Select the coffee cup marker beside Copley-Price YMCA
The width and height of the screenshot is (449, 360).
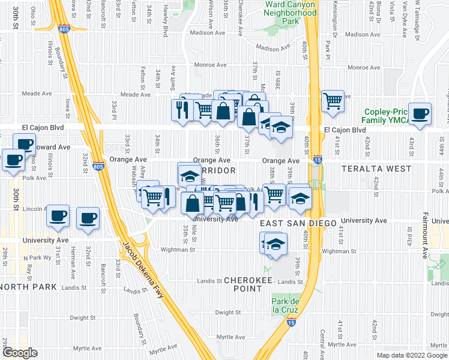[x=421, y=113]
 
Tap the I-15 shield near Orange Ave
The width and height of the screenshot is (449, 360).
[x=318, y=160]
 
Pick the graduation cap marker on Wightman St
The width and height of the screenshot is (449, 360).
[x=276, y=244]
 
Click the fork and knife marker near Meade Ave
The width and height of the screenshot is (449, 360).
[x=181, y=110]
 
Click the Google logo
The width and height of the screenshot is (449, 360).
[x=20, y=353]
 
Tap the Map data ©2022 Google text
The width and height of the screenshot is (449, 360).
[x=411, y=355]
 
